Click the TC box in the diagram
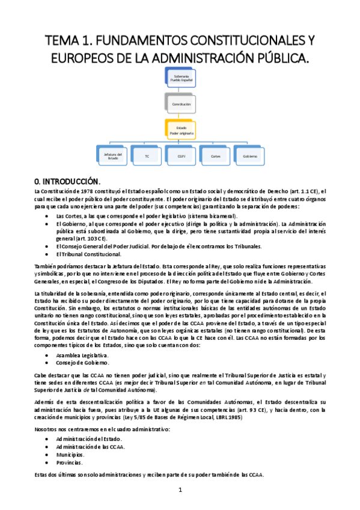point(147,156)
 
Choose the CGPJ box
point(181,156)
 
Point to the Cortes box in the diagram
point(215,156)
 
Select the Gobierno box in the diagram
point(250,156)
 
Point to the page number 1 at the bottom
point(180,490)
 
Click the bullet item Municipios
point(69,455)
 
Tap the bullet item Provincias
point(69,462)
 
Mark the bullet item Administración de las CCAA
point(86,447)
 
